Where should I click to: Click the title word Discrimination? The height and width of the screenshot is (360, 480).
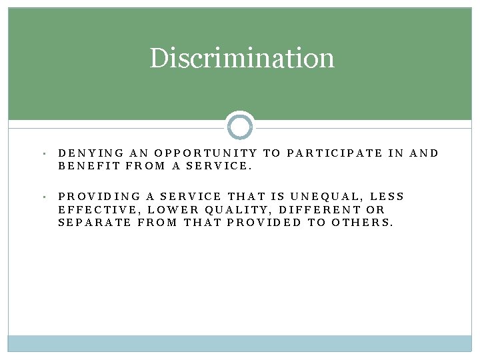241,58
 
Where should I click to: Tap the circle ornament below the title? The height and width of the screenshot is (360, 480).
240,126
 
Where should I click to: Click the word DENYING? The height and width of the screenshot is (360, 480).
83,153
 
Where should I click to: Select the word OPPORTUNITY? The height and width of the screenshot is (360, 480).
206,153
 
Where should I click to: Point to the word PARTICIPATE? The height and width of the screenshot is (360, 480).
335,153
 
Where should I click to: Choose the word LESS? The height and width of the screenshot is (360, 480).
387,197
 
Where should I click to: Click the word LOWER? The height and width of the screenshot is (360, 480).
170,210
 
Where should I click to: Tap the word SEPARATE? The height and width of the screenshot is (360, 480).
95,223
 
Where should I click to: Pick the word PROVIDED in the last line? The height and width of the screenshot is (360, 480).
264,223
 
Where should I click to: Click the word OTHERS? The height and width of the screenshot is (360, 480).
361,223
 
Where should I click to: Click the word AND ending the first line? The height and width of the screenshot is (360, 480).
424,153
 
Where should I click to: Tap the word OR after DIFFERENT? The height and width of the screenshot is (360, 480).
376,210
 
